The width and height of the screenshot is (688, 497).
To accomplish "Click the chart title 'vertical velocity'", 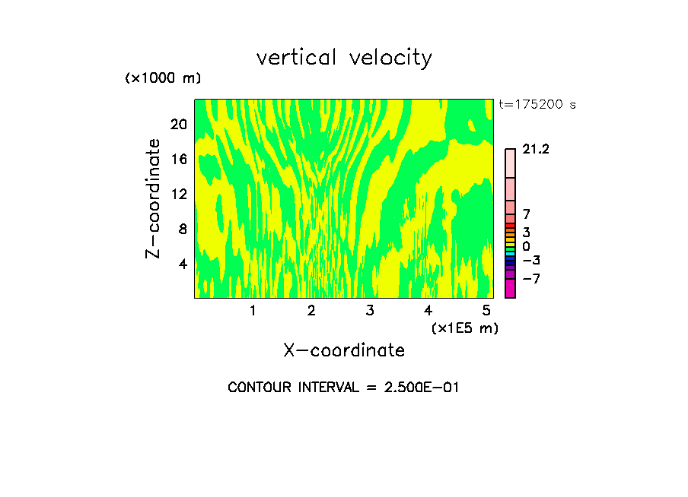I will [x=344, y=58].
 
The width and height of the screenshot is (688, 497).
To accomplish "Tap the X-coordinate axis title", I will [x=344, y=350].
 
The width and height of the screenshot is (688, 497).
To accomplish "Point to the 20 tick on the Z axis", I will [x=178, y=124].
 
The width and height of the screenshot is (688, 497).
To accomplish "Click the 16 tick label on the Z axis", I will [x=178, y=159].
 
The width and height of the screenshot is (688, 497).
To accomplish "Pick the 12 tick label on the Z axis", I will [x=178, y=194].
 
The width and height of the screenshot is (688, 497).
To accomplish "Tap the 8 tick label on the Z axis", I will [x=182, y=229].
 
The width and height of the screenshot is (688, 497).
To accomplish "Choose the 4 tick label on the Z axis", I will [x=182, y=264].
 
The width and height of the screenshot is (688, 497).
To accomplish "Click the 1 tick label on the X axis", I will [x=253, y=310].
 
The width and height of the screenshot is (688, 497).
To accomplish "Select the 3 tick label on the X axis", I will [x=369, y=310].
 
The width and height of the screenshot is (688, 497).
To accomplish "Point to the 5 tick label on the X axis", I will [x=486, y=310].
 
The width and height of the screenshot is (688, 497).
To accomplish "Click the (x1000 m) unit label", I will [x=162, y=78].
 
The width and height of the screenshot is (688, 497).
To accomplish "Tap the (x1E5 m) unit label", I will [x=464, y=328].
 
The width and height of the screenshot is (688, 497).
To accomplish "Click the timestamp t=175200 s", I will [x=537, y=105].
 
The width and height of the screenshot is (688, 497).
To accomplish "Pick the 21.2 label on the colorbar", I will [x=536, y=150].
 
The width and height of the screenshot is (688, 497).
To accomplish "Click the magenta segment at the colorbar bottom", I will [x=510, y=289].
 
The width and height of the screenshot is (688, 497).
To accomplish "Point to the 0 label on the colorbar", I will [x=526, y=247].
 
